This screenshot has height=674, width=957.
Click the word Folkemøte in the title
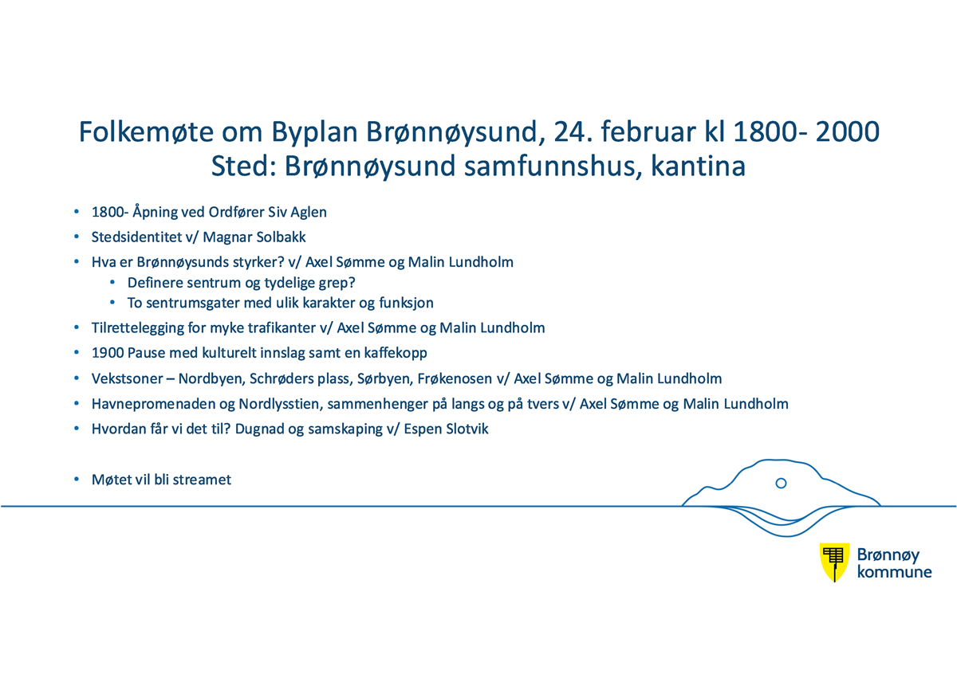coord(146,131)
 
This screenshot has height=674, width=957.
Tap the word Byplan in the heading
coord(314,133)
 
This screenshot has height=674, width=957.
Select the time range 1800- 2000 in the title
coord(806,131)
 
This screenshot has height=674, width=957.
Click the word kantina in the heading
coord(698,166)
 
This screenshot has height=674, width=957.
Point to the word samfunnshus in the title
coord(553,166)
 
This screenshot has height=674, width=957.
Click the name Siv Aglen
coord(297,212)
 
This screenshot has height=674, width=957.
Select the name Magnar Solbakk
coord(254,237)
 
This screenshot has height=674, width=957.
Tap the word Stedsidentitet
coord(136,237)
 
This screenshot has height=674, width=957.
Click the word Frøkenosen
coord(455,378)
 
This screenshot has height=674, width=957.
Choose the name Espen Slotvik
coord(446,429)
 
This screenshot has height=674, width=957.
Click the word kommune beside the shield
coord(894,572)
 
